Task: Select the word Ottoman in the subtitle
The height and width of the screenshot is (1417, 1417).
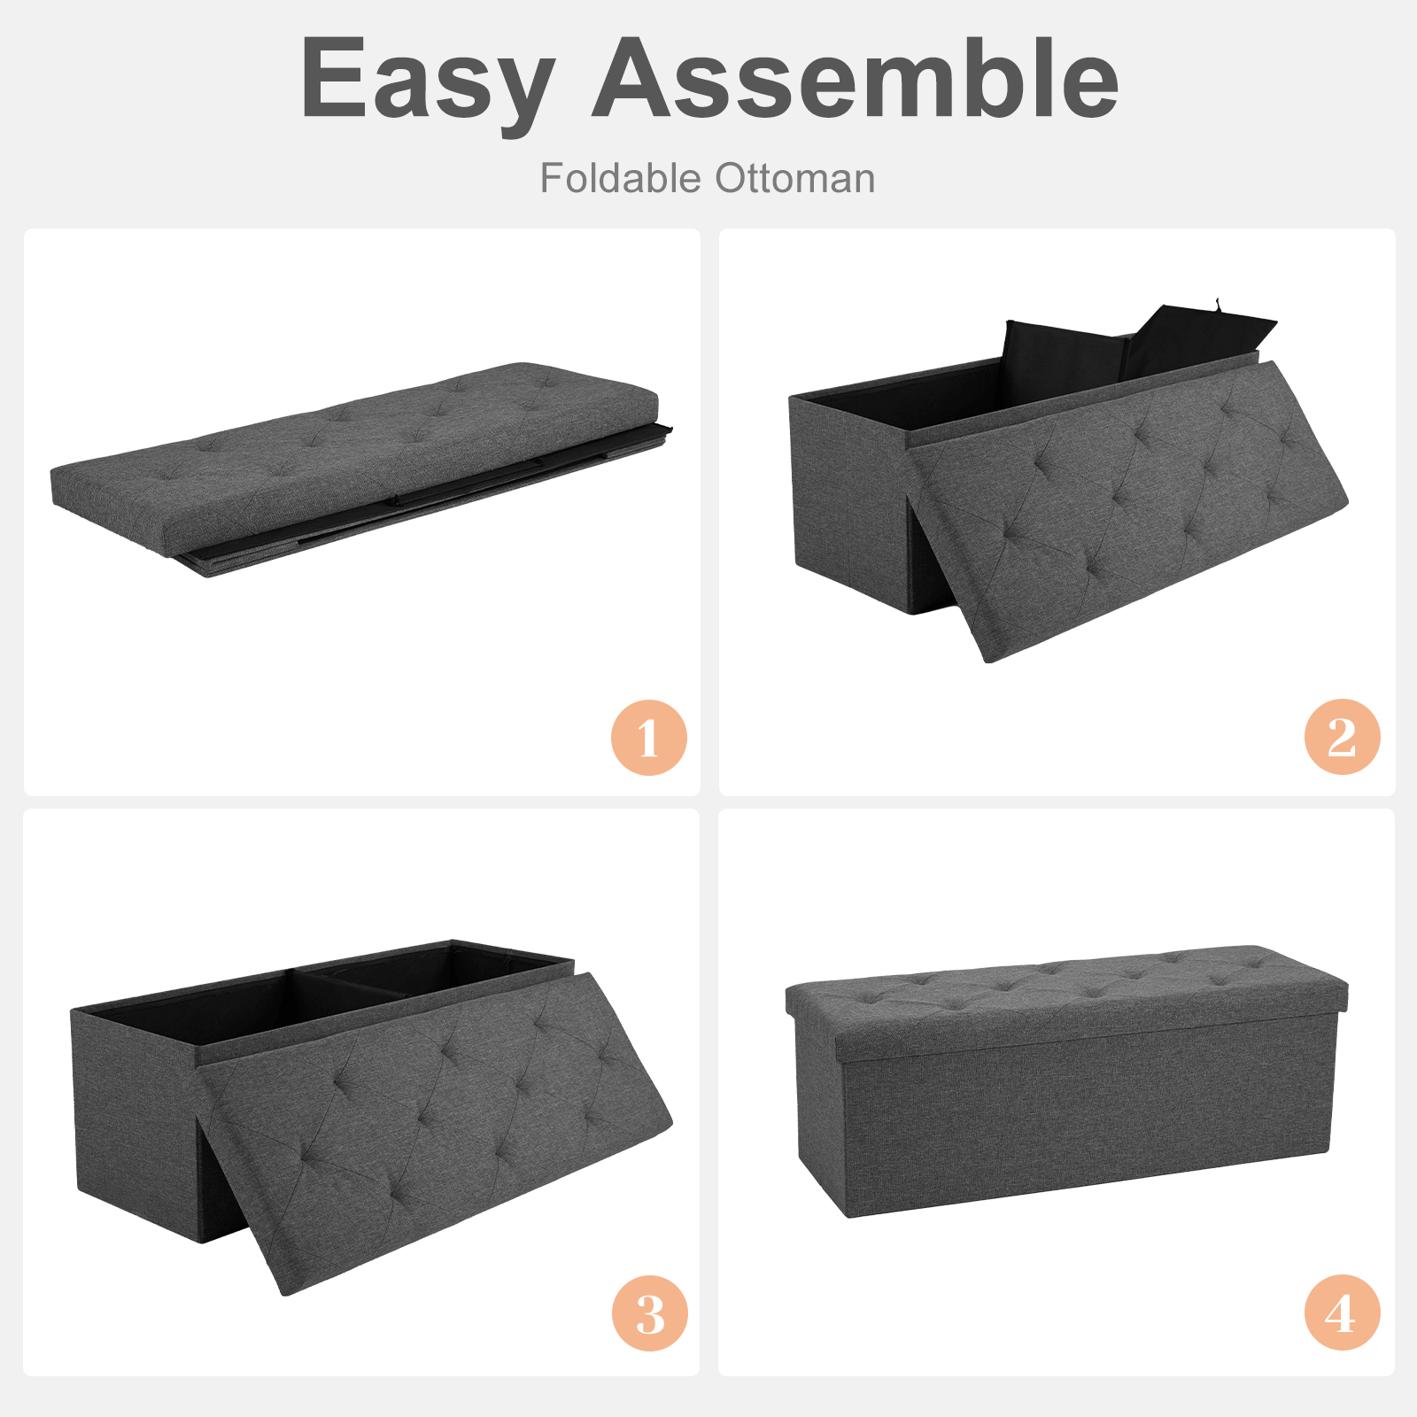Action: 795,178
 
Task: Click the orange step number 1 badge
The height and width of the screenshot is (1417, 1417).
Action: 649,738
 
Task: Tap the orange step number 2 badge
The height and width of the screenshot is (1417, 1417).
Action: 1342,737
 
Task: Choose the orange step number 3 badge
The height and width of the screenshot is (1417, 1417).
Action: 649,1312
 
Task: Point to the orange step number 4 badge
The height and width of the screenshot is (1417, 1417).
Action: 1342,1312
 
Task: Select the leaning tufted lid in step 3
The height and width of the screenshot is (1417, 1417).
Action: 434,1125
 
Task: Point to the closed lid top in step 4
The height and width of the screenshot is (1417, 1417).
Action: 1063,987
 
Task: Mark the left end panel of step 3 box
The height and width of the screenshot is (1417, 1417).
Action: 133,1116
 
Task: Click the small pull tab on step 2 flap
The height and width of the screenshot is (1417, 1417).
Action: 1219,306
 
